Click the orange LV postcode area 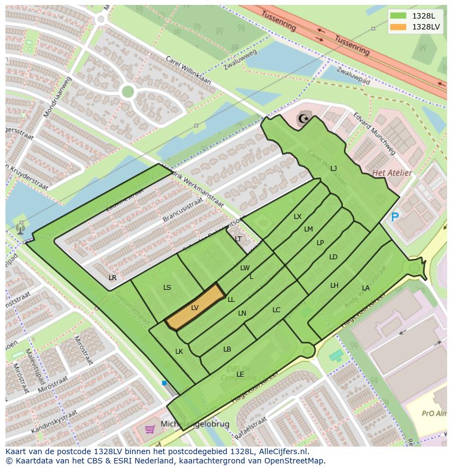195,308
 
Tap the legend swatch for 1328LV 398,27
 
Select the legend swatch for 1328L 398,16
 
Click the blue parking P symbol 395,217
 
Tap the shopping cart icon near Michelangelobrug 150,429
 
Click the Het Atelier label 391,173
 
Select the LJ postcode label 334,169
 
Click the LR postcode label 112,278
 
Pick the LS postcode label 167,288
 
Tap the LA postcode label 365,288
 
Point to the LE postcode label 240,374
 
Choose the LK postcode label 179,352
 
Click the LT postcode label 238,239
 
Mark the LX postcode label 298,217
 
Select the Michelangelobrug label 195,424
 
